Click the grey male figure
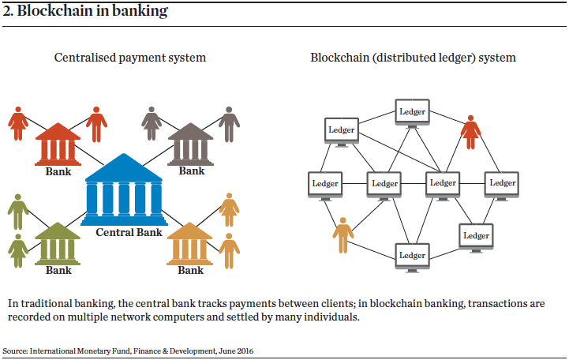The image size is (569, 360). tap(229, 124)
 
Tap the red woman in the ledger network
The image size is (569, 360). tap(471, 130)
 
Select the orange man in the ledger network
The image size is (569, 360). tap(343, 235)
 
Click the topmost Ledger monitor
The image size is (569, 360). tap(412, 112)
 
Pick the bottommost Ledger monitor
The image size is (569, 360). tap(412, 256)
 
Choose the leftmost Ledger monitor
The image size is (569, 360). tap(325, 184)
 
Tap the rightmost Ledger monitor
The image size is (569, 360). tap(502, 184)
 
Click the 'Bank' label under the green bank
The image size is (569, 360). tap(58, 270)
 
